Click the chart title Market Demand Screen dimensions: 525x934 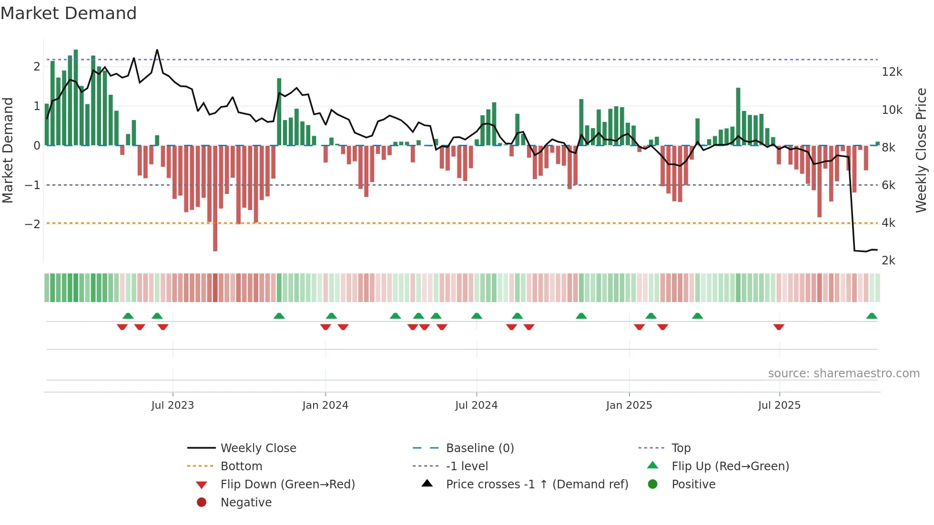click(x=69, y=13)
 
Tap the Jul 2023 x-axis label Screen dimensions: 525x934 click(x=173, y=405)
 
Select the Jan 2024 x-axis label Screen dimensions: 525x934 click(x=325, y=405)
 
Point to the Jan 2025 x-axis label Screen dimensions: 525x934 click(x=629, y=405)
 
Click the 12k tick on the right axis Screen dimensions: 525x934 click(x=892, y=72)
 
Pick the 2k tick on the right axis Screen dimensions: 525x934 click(x=888, y=261)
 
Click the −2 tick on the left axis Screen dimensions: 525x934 click(x=32, y=224)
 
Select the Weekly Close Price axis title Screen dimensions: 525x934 click(x=921, y=150)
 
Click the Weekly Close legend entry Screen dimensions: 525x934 click(x=258, y=448)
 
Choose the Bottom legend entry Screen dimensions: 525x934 click(x=241, y=466)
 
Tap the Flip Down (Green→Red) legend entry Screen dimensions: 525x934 click(x=287, y=485)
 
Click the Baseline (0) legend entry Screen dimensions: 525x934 click(x=479, y=448)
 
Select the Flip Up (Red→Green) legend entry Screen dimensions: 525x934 click(x=730, y=466)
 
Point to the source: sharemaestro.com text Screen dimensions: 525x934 click(x=843, y=374)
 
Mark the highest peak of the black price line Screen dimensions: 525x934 click(x=157, y=50)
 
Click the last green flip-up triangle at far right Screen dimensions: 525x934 click(x=872, y=316)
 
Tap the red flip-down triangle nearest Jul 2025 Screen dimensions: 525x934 click(x=779, y=327)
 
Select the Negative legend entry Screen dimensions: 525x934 click(x=245, y=503)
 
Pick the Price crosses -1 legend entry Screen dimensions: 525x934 click(x=537, y=485)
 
